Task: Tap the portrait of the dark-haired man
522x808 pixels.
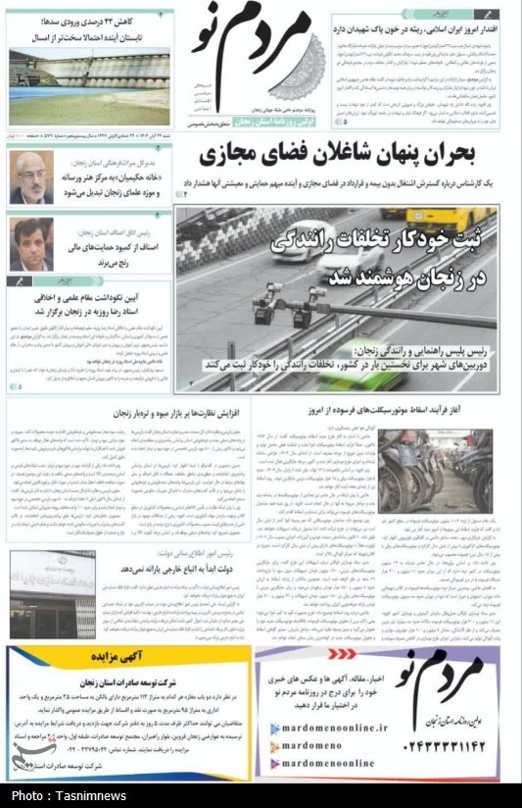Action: pyautogui.click(x=32, y=243)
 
